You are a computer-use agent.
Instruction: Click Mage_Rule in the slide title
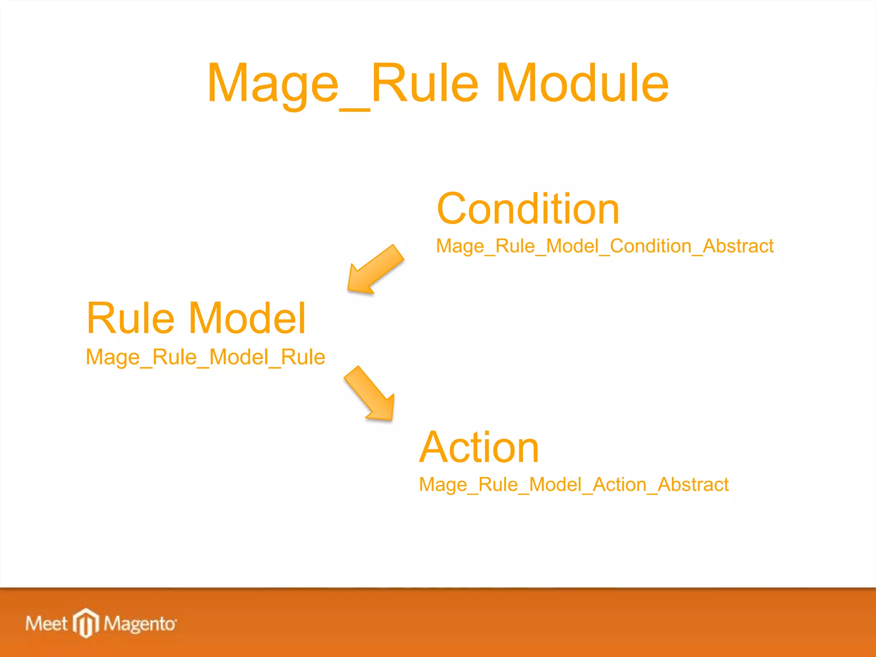(342, 83)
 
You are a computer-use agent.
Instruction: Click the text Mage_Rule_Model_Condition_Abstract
(604, 246)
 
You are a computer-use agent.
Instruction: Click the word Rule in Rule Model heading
(130, 318)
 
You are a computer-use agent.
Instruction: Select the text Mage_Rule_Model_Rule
(205, 358)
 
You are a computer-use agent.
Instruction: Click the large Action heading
(479, 447)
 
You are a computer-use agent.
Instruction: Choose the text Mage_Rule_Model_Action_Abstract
(574, 485)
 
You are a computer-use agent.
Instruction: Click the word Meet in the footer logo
(46, 624)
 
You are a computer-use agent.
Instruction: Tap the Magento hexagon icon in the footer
(86, 623)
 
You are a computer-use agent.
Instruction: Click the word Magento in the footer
(139, 624)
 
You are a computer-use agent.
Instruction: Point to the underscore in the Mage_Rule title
(355, 109)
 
